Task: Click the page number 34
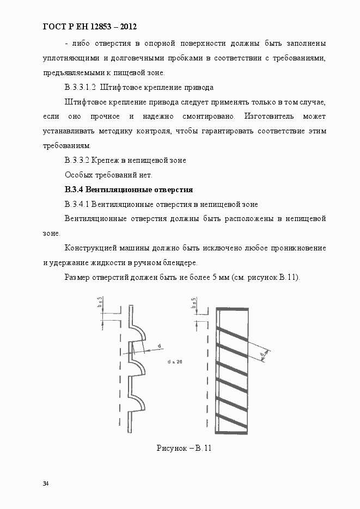coord(46,484)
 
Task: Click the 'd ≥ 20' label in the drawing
coord(175,361)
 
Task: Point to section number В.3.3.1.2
coord(80,87)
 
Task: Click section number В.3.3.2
coord(77,160)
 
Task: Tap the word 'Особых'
coord(77,175)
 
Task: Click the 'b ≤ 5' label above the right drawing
coord(194,302)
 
